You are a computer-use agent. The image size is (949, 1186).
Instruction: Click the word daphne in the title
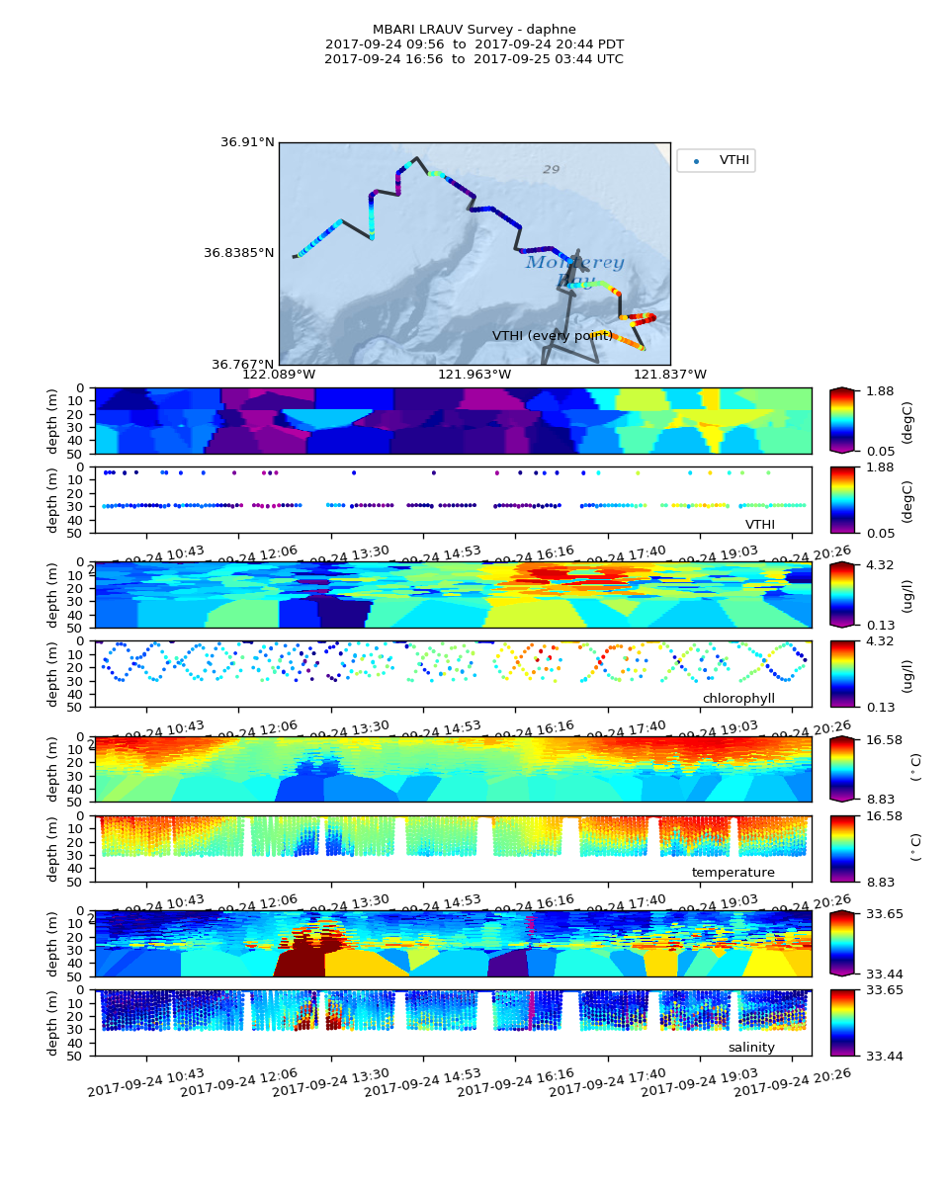tap(553, 30)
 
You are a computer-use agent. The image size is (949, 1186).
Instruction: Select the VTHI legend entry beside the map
tap(733, 160)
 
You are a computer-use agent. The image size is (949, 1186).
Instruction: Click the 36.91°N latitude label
tap(247, 142)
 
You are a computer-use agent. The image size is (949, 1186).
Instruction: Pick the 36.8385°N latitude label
tap(239, 253)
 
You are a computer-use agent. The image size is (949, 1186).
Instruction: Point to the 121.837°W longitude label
tap(670, 375)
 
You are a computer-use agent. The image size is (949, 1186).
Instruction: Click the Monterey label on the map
tap(574, 263)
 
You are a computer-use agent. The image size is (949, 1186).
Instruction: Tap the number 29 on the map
tap(551, 170)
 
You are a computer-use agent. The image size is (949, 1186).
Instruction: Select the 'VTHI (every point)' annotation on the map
tap(553, 336)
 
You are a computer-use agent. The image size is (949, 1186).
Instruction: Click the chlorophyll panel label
tap(738, 699)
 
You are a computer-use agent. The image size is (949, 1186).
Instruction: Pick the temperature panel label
tap(733, 873)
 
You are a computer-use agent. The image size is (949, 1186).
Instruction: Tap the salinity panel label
tap(751, 1048)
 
